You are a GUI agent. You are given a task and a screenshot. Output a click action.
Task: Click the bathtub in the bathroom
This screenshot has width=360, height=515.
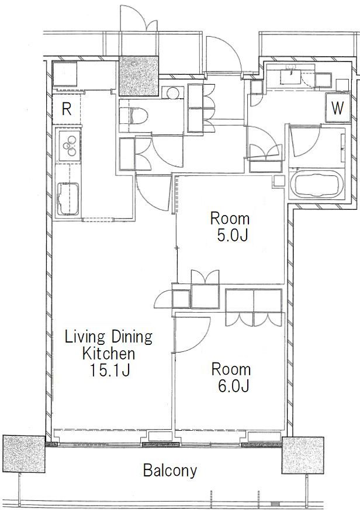point(317,184)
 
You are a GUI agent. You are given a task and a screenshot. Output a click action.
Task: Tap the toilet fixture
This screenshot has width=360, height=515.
point(133,116)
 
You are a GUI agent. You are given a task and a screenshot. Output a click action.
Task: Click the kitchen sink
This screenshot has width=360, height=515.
point(68,199)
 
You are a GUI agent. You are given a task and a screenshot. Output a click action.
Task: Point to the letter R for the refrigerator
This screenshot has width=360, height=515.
point(67,109)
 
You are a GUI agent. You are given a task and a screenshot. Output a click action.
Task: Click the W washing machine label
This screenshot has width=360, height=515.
point(337,108)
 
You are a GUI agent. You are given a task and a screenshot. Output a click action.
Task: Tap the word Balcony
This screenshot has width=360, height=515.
point(170,471)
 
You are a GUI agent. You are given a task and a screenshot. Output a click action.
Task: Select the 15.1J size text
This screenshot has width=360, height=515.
point(110,371)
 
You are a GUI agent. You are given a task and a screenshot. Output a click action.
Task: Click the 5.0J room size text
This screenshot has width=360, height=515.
point(232,235)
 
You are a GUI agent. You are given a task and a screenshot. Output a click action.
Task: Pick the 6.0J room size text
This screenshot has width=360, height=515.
point(233,386)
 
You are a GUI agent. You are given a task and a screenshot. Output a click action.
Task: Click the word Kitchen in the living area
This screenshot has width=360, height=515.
point(108,354)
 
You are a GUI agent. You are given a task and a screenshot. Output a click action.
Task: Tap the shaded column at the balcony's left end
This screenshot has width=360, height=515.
point(23,454)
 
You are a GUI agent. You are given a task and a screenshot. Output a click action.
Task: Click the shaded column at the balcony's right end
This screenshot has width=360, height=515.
point(303,455)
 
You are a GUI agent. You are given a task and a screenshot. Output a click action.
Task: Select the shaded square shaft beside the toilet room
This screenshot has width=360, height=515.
point(139,76)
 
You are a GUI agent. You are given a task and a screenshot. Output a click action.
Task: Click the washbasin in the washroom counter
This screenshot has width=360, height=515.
point(292,77)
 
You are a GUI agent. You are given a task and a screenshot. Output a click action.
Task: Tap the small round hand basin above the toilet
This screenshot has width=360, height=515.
point(173,92)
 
